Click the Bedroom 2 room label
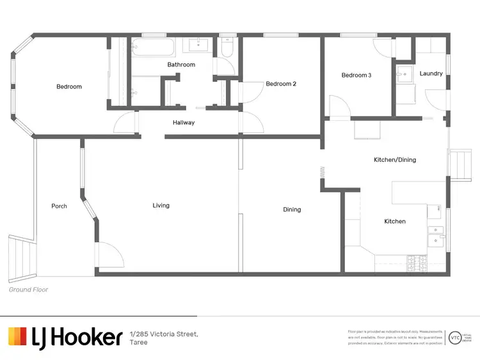[281, 84]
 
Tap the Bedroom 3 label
[356, 75]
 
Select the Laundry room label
[431, 74]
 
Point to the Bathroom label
[181, 65]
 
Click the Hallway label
[184, 123]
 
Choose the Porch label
[59, 206]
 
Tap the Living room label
[161, 205]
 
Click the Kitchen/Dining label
[395, 159]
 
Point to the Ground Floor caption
[28, 290]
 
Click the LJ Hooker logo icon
[17, 336]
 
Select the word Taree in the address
[138, 343]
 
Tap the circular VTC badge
[455, 336]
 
